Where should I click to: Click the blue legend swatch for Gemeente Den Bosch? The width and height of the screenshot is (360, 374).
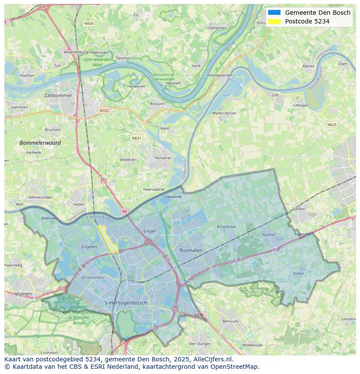[274, 13]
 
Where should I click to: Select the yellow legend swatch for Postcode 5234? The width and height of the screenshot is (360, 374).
[274, 21]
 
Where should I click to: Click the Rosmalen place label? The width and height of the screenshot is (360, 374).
[191, 250]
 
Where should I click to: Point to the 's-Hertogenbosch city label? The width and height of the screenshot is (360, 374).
[126, 303]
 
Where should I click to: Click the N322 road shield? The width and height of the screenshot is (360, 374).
[104, 110]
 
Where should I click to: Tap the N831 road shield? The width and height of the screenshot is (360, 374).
[137, 138]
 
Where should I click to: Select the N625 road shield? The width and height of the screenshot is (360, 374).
[332, 125]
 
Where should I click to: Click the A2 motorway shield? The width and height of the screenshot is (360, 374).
[125, 211]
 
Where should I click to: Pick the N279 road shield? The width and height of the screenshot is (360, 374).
[198, 315]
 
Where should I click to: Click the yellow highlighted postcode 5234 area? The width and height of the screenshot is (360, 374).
[108, 239]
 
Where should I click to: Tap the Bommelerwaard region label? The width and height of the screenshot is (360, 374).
[40, 142]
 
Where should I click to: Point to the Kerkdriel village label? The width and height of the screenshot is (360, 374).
[163, 158]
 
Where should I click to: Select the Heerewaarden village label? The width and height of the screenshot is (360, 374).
[220, 75]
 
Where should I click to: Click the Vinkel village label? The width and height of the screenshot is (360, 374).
[298, 273]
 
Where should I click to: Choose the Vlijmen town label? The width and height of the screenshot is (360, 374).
[23, 294]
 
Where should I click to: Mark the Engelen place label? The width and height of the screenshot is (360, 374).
[89, 247]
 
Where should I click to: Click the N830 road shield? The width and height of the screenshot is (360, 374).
[89, 23]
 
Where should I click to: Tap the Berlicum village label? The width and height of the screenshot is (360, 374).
[230, 321]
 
